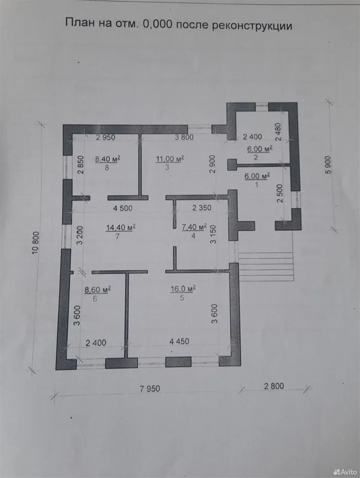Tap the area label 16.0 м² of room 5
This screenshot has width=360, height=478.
(183, 289)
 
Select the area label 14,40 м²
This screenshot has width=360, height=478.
(121, 227)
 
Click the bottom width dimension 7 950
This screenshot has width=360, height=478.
(150, 388)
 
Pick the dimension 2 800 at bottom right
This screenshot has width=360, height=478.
(273, 385)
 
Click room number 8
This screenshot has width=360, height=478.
(107, 167)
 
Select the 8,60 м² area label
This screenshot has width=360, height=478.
(98, 289)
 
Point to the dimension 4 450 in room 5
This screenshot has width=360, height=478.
(179, 342)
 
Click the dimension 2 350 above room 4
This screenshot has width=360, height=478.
(201, 208)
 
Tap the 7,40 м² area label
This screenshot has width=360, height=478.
(194, 227)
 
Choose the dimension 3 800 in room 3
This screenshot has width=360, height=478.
(184, 137)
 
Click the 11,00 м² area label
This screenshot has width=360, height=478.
(170, 159)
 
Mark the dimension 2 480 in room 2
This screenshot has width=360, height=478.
(279, 131)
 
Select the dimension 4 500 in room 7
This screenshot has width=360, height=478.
(123, 208)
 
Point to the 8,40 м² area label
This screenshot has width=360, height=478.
(108, 159)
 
